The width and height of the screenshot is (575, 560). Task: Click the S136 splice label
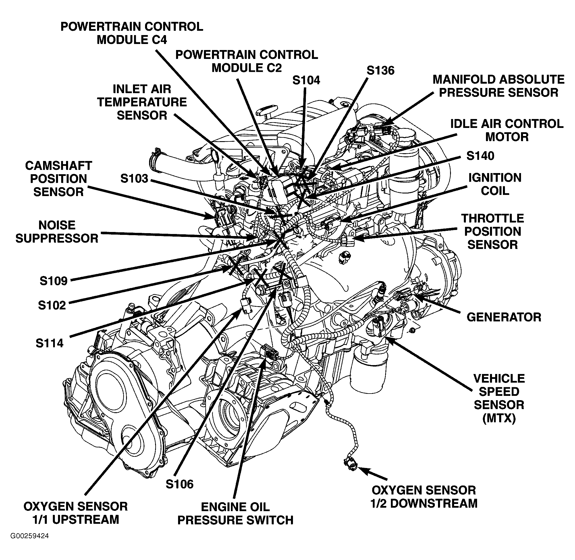(380, 71)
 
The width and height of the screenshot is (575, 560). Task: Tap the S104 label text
(306, 80)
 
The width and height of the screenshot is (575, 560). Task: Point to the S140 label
(480, 156)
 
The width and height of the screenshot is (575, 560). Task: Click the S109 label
(53, 281)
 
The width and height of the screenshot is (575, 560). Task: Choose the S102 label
(52, 305)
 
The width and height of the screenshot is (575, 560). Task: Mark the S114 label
(49, 343)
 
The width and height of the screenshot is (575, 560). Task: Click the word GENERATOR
(503, 317)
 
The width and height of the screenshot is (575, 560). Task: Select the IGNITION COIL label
(495, 184)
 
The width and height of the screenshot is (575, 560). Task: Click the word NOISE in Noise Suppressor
(57, 225)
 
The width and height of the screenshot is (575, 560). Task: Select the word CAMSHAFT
(59, 166)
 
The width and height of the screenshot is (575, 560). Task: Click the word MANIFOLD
(464, 79)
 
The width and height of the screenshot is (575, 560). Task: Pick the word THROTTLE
(493, 218)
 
